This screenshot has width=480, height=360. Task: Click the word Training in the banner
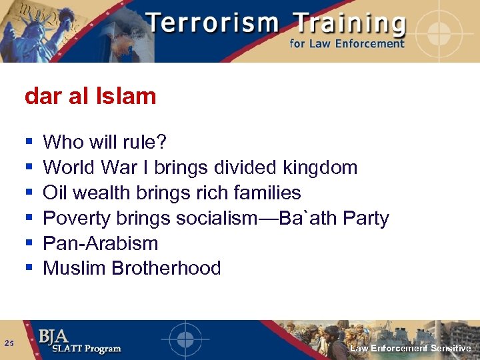[x=351, y=24]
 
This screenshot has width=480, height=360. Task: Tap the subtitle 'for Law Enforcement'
[x=347, y=44]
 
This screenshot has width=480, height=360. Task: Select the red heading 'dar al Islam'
[x=90, y=96]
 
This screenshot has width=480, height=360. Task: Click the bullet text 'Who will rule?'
[x=105, y=142]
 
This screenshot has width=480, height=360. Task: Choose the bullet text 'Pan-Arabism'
[x=100, y=243]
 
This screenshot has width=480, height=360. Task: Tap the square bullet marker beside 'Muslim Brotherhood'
[x=29, y=269]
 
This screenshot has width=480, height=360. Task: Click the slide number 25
[x=9, y=343]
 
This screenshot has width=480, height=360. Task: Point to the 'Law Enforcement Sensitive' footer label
[x=410, y=349]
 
